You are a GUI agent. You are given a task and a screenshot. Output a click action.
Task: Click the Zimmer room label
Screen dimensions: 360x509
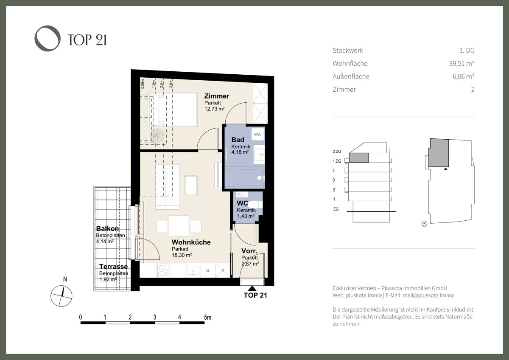[216, 96]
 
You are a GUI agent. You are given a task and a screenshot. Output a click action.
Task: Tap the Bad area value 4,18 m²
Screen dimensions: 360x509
[240, 152]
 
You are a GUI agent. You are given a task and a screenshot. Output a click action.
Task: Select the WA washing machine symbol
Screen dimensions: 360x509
[257, 135]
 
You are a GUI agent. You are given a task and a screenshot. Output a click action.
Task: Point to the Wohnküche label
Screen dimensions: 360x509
[191, 242]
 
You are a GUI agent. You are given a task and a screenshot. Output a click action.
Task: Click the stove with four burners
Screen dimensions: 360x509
[164, 270]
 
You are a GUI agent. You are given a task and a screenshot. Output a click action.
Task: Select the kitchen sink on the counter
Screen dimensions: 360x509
[194, 270]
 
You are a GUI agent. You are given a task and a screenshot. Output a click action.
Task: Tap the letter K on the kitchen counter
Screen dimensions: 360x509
[222, 270]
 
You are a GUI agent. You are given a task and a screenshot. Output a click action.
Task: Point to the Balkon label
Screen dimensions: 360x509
[107, 228]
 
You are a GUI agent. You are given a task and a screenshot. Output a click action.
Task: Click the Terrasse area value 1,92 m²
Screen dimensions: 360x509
[108, 280]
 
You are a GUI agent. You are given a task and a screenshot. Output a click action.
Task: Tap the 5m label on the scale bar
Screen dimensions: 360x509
[207, 317]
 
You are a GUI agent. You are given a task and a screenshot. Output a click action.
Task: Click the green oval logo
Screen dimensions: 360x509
[48, 39]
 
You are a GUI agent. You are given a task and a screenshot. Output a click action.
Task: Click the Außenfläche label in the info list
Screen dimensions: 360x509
[351, 76]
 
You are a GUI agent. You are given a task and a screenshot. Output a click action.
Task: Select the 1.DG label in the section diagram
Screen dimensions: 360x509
[337, 161]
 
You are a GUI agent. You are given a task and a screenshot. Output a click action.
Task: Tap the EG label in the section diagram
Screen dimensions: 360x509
[336, 209]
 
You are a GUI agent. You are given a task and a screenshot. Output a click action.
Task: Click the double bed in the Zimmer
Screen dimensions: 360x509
[173, 110]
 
